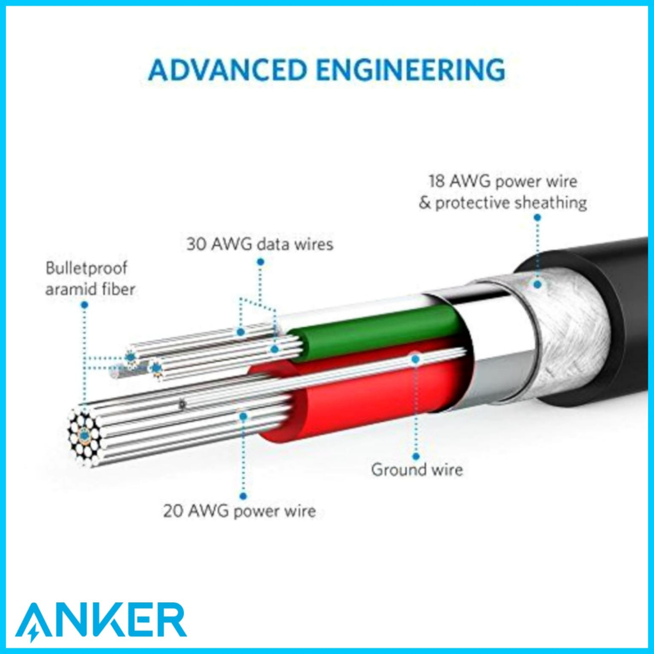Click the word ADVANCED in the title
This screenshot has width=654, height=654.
coord(227,70)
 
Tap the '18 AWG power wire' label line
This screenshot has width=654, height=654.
coord(503,181)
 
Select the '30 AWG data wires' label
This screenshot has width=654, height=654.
coord(260,244)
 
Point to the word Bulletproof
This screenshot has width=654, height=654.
coord(86,268)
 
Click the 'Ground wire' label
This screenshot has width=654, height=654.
coord(417,469)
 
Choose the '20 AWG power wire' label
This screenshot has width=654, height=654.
coord(240,510)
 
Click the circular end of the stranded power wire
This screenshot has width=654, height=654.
coord(85,435)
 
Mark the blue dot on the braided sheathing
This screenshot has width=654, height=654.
coord(538,284)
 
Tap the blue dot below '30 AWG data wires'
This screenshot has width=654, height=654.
coord(261,262)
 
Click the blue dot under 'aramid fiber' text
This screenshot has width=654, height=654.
coord(84,305)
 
